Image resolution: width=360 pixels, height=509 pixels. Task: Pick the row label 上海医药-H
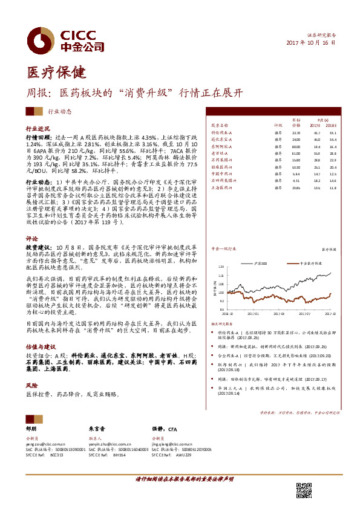(224, 187)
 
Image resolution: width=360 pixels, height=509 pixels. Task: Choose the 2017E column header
(316, 125)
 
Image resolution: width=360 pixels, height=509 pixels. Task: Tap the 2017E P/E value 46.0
(316, 139)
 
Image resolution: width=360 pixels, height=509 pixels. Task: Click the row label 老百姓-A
(221, 154)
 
